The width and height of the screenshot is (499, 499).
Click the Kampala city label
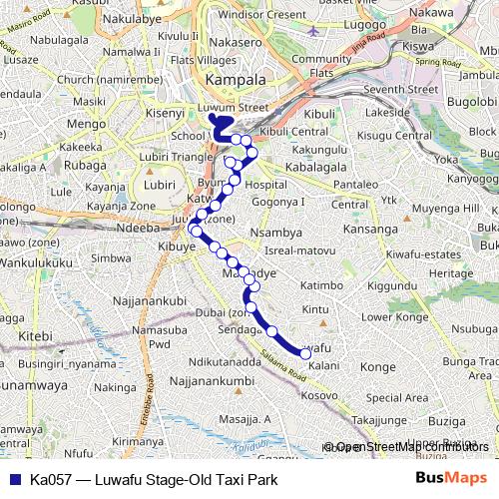coord(235,79)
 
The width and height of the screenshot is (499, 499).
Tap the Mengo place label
coord(86,124)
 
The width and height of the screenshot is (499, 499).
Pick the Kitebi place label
coord(34,337)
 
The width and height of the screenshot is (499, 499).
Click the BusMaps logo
coord(451,479)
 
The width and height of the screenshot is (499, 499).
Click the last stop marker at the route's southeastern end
coord(305,353)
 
